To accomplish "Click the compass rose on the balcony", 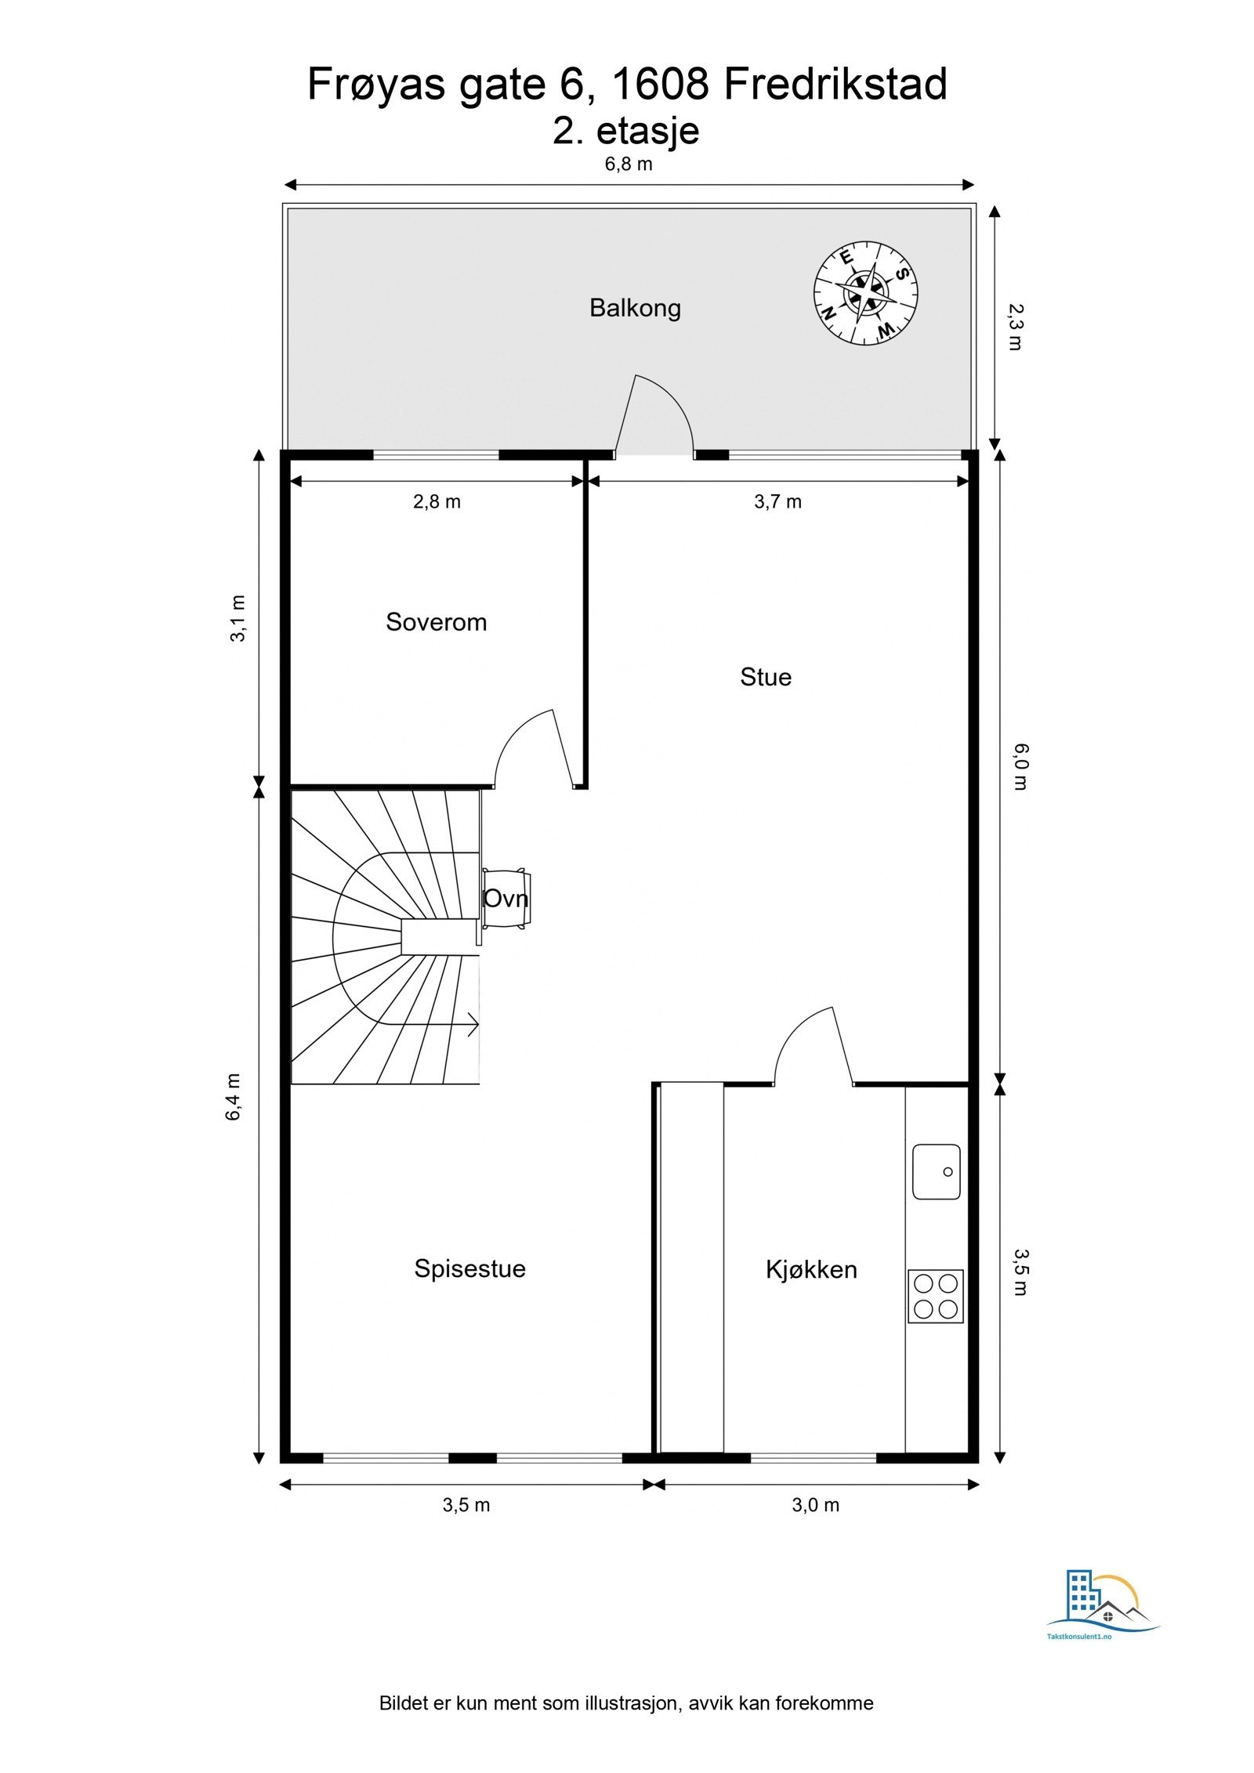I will click(x=865, y=293).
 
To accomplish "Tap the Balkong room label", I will click(x=635, y=308).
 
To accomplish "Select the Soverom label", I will click(x=436, y=622).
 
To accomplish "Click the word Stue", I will click(x=765, y=677).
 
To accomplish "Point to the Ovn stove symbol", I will click(x=506, y=899).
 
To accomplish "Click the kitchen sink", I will click(x=936, y=1171).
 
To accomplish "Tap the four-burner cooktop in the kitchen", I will click(x=935, y=1296).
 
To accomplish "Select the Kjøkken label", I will click(x=810, y=1269).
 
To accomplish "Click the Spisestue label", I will click(x=469, y=1268).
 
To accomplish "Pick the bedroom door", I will click(x=533, y=748).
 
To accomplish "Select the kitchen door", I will click(x=815, y=1046).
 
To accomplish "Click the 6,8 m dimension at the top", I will click(x=628, y=165).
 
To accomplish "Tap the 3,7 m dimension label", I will click(x=777, y=502).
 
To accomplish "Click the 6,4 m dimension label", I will click(x=234, y=1097).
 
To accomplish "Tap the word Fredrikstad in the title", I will click(x=835, y=85).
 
